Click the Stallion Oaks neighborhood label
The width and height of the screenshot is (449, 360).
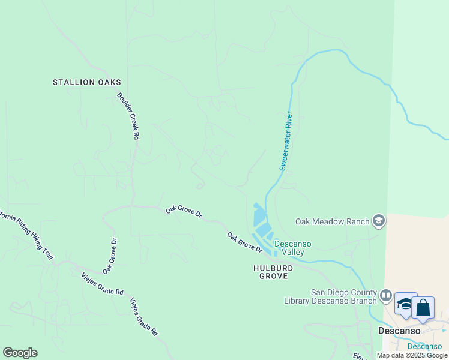pyautogui.click(x=87, y=82)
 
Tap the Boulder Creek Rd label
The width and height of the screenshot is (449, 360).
pyautogui.click(x=128, y=116)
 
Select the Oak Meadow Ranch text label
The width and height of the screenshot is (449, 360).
pyautogui.click(x=332, y=221)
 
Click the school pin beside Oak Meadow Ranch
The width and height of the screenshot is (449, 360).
pyautogui.click(x=379, y=221)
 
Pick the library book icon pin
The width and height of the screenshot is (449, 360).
pyautogui.click(x=385, y=296)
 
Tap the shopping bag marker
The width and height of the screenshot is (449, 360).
pyautogui.click(x=423, y=308)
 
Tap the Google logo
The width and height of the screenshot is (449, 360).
pyautogui.click(x=20, y=353)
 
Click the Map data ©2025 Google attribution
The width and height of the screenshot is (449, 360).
pyautogui.click(x=412, y=355)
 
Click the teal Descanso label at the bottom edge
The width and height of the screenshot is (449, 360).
pyautogui.click(x=424, y=346)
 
